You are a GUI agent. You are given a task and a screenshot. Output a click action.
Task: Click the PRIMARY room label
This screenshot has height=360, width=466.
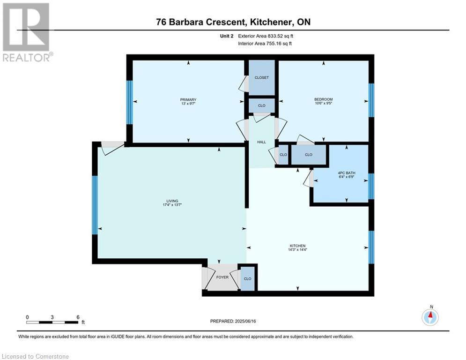188,100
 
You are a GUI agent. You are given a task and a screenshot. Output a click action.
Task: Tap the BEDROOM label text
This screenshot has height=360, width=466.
323,99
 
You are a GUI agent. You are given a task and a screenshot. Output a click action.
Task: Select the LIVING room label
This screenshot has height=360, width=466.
172,201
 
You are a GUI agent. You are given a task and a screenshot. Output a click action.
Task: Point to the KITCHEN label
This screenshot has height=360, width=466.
297,246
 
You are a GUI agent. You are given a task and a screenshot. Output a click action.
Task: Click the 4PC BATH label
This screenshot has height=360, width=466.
347,173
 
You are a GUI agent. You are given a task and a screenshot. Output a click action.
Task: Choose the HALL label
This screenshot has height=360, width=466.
261,142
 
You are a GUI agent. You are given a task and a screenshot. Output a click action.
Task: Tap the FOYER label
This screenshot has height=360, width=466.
222,277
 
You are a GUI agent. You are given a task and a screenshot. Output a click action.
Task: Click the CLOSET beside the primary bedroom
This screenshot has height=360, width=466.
261,78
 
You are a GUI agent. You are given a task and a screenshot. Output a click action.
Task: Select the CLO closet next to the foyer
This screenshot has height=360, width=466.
248,279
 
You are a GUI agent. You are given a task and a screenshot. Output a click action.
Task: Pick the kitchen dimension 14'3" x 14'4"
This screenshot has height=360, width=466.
297,250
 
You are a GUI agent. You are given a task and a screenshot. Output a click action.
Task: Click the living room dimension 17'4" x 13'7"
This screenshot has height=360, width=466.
172,205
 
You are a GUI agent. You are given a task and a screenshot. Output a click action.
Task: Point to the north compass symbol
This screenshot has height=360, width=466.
430,317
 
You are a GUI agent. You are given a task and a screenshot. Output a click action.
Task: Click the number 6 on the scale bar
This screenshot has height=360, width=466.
78,317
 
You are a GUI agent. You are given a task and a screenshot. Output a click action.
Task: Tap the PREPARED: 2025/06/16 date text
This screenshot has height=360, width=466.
233,321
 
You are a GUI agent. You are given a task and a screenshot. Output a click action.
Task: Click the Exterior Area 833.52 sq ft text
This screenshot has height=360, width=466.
266,36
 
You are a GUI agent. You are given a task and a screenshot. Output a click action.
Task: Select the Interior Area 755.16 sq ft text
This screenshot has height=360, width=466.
265,44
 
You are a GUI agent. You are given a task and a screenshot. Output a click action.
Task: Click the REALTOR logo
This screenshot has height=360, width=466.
27,32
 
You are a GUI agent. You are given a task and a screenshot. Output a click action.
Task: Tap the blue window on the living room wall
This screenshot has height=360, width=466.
95,205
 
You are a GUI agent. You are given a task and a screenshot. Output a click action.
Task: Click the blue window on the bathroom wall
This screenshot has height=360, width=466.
371,186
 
